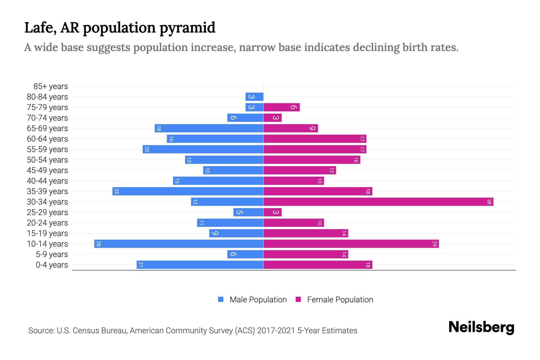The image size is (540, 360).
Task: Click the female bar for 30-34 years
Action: [x=378, y=202]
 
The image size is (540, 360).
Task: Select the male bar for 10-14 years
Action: [x=179, y=244]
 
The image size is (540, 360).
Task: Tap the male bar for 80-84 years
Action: [x=254, y=97]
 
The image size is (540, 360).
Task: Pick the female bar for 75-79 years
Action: [x=281, y=107]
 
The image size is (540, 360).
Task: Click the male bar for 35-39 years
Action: [x=188, y=191]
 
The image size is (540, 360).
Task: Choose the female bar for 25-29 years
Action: [x=272, y=212]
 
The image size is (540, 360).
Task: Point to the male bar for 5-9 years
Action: [x=245, y=254]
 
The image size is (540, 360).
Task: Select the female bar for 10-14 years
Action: [x=351, y=244]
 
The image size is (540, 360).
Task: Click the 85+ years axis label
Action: [x=51, y=86]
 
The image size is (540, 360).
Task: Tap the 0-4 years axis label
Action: [x=52, y=265]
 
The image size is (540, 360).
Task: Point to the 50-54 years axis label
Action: [x=47, y=160]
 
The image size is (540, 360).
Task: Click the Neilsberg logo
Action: [x=481, y=327]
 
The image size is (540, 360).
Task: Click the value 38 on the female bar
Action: [x=489, y=202]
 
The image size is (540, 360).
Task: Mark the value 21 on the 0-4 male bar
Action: [x=141, y=265]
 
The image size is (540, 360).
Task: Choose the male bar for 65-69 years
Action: [x=209, y=128]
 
